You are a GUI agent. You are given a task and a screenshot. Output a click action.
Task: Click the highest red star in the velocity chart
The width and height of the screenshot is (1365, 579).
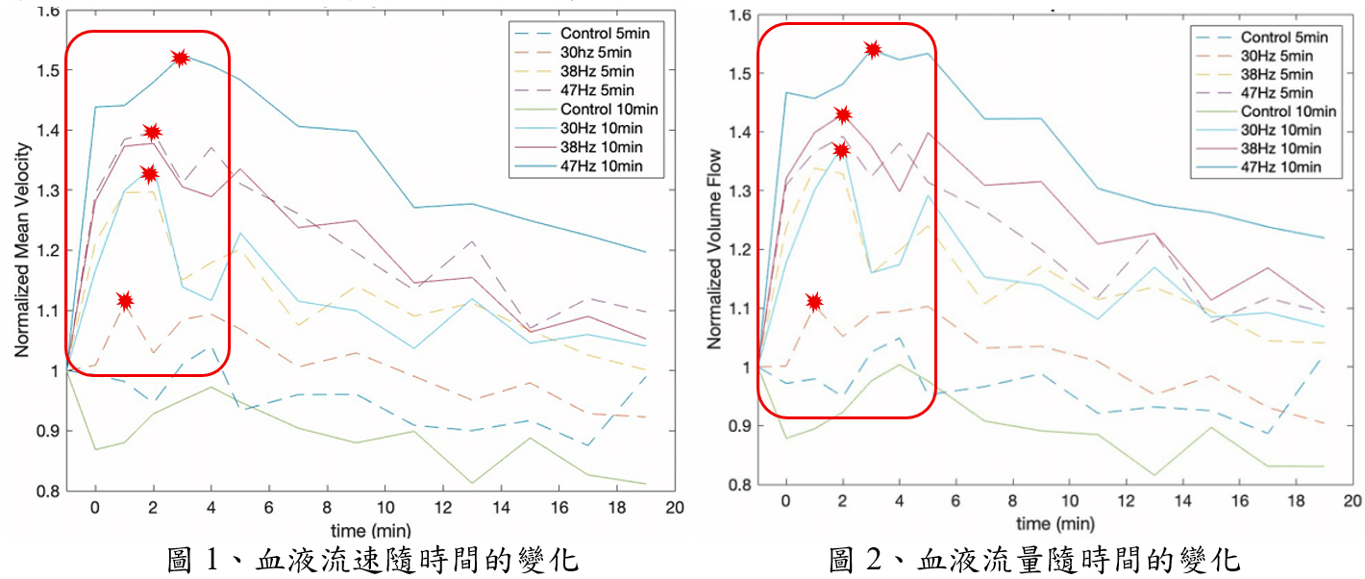[x=180, y=58]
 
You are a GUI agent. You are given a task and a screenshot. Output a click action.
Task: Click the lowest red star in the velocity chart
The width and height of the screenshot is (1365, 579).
[x=125, y=301]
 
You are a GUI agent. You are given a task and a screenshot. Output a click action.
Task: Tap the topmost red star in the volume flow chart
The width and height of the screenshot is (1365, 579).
[x=873, y=49]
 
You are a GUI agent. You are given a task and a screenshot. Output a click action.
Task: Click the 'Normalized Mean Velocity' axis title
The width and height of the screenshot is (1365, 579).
[x=22, y=251]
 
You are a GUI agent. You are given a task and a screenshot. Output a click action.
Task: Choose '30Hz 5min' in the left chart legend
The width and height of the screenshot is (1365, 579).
[x=598, y=53]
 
